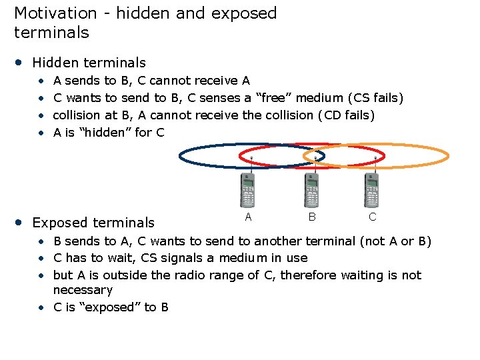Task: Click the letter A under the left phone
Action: coord(248,217)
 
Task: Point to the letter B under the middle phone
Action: coord(311,217)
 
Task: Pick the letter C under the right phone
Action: coord(372,217)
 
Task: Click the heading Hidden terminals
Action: coord(89,63)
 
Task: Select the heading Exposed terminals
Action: coord(93,223)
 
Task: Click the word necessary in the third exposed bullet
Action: coord(83,290)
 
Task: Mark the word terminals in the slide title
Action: coord(51,32)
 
